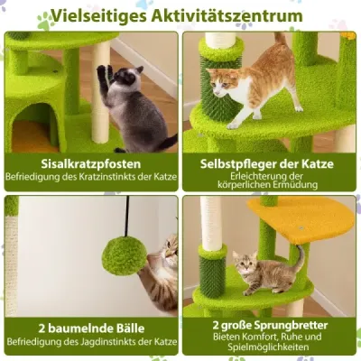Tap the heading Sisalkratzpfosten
(91, 164)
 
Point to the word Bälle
(127, 329)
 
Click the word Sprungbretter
(291, 325)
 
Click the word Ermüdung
(295, 184)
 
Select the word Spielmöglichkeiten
(268, 347)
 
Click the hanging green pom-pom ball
(125, 255)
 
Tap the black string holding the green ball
(127, 216)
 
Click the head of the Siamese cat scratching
(127, 78)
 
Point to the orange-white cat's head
(222, 84)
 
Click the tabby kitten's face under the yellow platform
(245, 263)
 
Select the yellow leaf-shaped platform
(300, 219)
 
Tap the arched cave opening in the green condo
(34, 127)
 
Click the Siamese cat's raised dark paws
(104, 78)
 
